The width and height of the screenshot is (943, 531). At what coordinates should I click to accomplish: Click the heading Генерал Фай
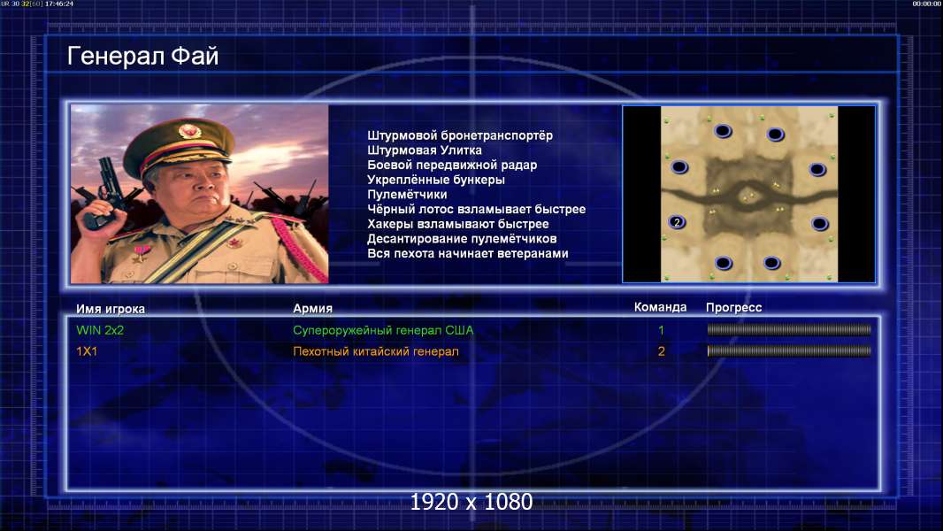(142, 56)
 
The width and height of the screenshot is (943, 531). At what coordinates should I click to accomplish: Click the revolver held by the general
(103, 192)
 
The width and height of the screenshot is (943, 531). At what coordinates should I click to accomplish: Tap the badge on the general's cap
(188, 130)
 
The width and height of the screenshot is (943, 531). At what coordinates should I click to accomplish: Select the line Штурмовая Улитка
(425, 150)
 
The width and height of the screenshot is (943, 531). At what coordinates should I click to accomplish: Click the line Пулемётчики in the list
(407, 194)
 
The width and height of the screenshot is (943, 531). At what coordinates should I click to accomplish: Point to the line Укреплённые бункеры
(436, 180)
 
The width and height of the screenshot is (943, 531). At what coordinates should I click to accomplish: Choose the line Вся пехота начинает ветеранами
(468, 253)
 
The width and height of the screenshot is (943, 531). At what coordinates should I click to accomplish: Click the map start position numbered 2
(678, 222)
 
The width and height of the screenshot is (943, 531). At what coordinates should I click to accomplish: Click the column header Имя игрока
(111, 309)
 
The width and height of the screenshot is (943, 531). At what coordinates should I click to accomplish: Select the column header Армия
(313, 309)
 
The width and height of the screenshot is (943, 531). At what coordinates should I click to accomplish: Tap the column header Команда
(660, 307)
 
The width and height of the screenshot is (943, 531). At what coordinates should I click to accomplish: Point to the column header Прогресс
(733, 307)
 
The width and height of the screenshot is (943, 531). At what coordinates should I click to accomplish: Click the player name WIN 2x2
(100, 330)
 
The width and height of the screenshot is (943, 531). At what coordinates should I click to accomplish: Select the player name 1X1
(87, 351)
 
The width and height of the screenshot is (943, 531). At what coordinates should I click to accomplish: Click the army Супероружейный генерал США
(383, 330)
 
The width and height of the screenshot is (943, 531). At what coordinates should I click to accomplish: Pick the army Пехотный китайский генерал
(376, 351)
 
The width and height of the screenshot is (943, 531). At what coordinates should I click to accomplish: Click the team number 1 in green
(661, 330)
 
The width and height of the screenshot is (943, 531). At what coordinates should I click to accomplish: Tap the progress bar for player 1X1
(789, 350)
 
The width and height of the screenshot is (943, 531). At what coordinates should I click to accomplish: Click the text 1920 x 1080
(471, 502)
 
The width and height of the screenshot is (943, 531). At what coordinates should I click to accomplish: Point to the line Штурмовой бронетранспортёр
(460, 136)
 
